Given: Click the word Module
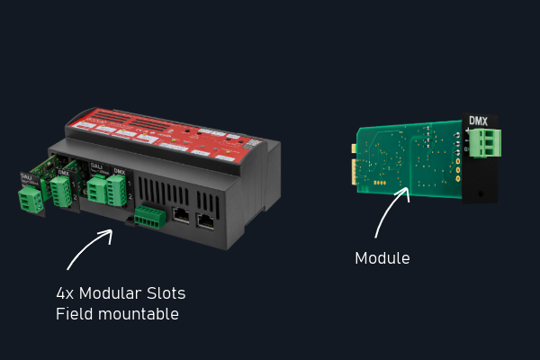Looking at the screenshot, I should click(x=382, y=258).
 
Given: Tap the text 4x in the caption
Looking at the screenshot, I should click(x=66, y=294).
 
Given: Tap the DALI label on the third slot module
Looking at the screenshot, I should click(x=97, y=166).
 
